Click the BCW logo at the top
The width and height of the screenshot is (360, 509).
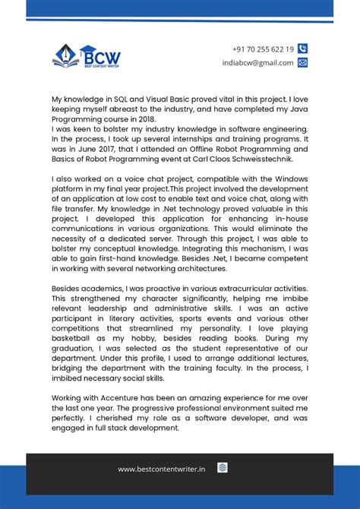[86, 55]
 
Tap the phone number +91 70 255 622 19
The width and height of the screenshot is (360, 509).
[263, 49]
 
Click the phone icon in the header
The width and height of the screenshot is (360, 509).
[303, 49]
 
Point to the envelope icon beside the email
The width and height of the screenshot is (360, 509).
[303, 63]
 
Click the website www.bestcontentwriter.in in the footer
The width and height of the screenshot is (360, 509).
[161, 469]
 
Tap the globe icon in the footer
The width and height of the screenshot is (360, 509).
[223, 468]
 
